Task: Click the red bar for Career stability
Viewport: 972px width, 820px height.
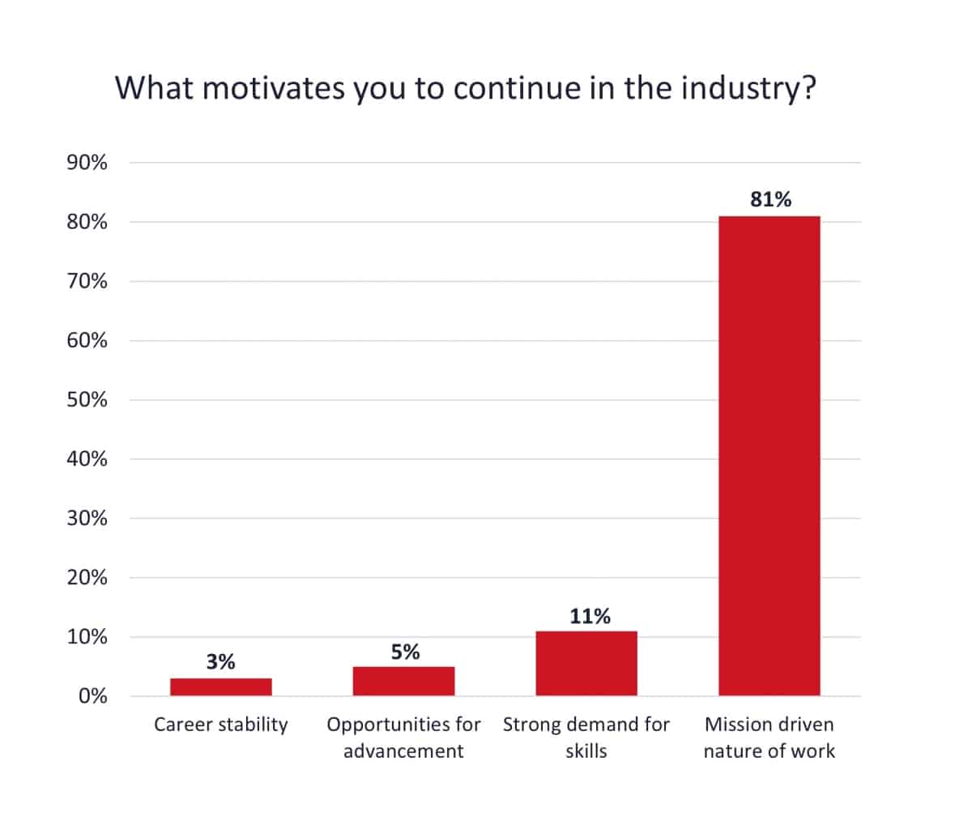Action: [x=220, y=686]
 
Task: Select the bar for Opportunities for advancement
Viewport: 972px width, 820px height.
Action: [x=403, y=681]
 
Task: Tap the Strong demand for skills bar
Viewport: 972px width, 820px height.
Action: [x=586, y=663]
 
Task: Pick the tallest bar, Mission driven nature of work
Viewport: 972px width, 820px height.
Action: [x=769, y=456]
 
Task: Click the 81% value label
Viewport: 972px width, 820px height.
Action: [x=770, y=199]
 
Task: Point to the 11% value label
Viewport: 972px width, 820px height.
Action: [x=590, y=616]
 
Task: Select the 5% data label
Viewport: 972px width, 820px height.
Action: [x=405, y=652]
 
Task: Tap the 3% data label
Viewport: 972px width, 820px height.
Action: [x=220, y=662]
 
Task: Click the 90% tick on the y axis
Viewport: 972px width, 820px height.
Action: [x=87, y=163]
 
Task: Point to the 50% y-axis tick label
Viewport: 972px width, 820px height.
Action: [x=87, y=400]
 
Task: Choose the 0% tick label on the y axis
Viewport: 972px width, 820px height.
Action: [x=92, y=696]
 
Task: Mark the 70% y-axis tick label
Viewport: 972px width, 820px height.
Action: [x=87, y=281]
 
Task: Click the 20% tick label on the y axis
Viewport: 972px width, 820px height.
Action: [x=87, y=578]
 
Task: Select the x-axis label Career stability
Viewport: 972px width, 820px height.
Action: [x=220, y=724]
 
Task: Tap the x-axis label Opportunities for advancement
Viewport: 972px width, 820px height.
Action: [x=403, y=737]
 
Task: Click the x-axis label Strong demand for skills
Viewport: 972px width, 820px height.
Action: [x=586, y=737]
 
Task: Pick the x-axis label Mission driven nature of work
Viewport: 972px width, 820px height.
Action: [x=769, y=737]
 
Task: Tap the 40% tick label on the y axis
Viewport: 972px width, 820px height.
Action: [x=87, y=459]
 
